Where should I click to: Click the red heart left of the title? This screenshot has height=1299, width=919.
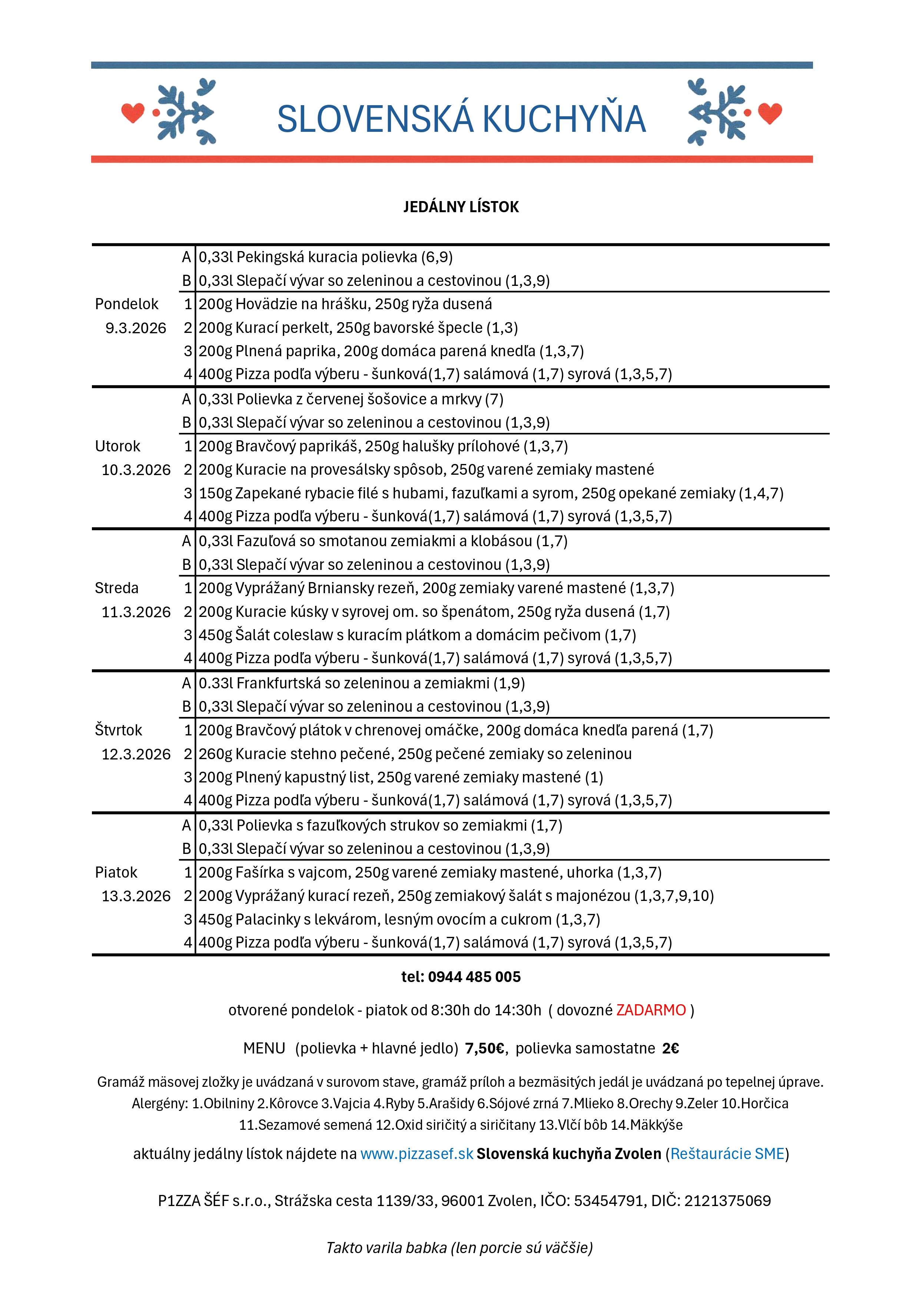(x=133, y=113)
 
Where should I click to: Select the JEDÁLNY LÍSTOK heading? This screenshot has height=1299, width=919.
(x=461, y=207)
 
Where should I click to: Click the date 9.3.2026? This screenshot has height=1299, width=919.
(x=136, y=328)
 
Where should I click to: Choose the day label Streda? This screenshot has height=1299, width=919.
(x=117, y=588)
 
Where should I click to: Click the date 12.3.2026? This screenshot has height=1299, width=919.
(x=136, y=754)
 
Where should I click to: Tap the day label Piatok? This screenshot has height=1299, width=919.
(x=116, y=872)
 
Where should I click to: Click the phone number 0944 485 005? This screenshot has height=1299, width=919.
(x=474, y=977)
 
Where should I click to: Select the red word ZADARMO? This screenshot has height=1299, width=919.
(x=651, y=1011)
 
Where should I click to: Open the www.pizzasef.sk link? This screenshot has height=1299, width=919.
(x=417, y=1154)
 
